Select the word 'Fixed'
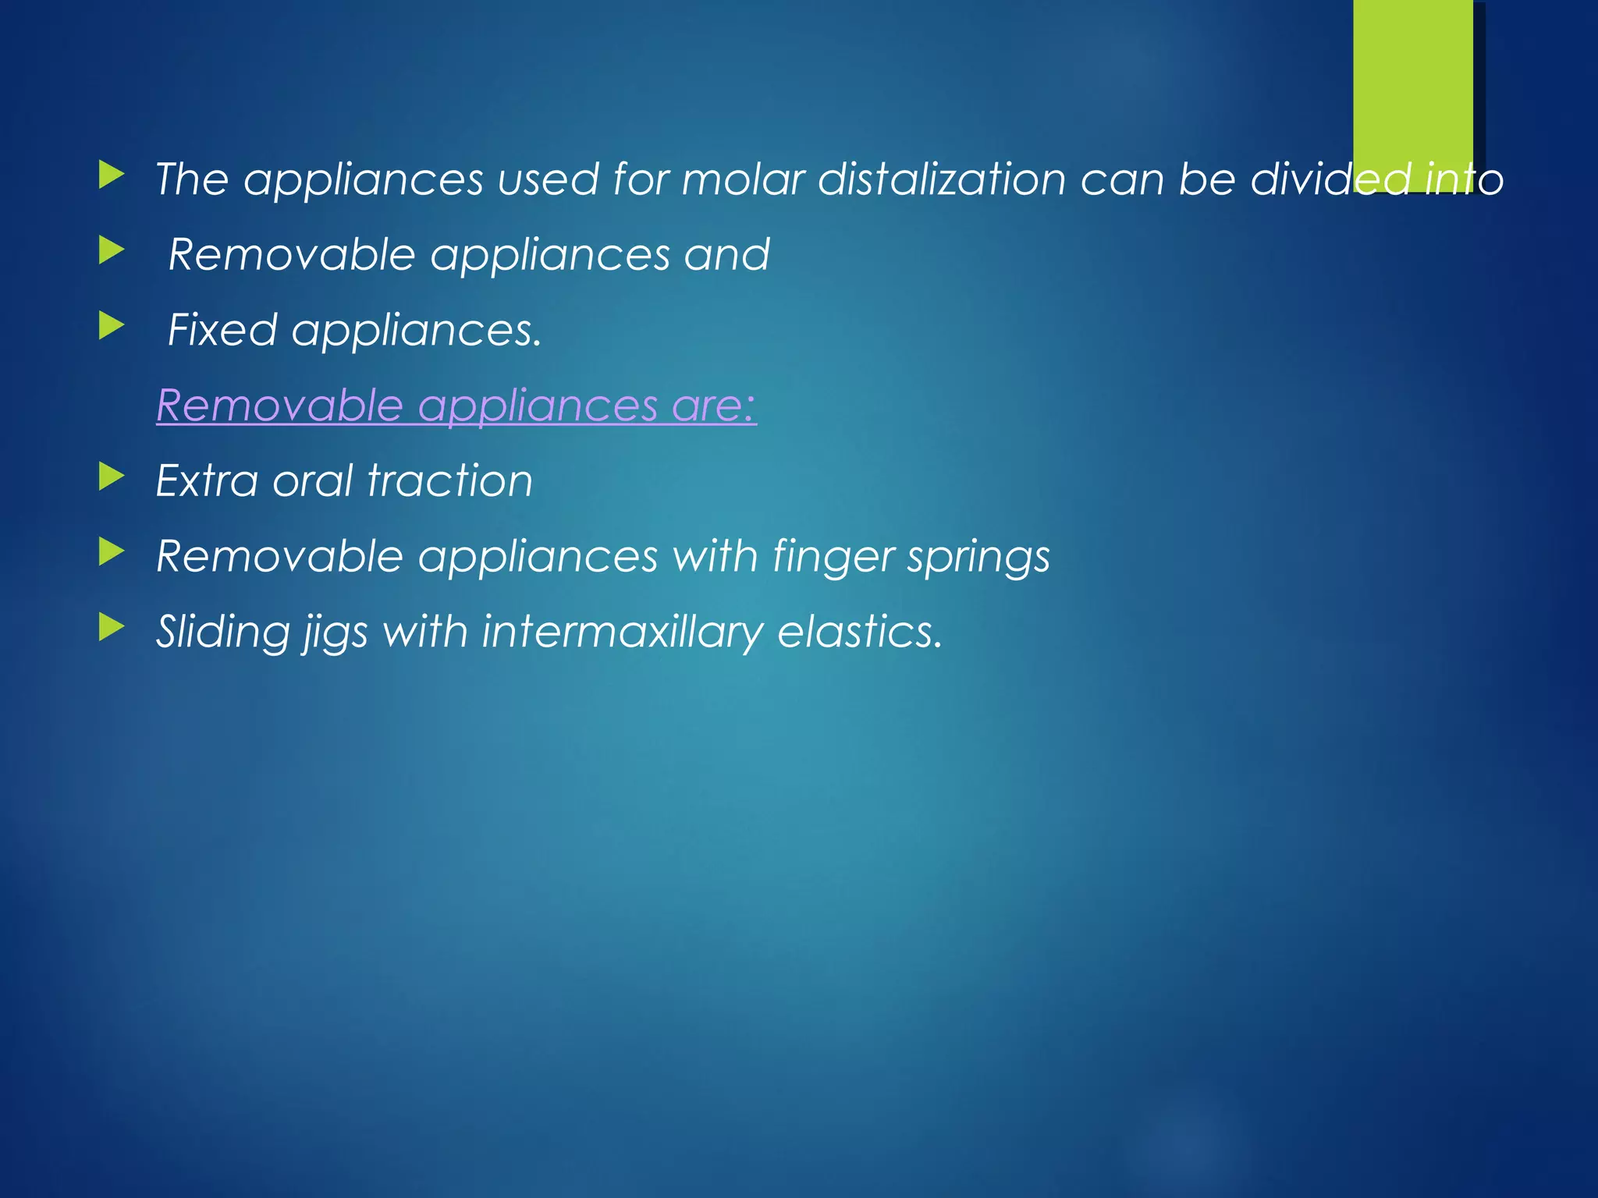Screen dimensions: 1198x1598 click(222, 330)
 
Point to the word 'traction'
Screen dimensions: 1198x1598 click(449, 480)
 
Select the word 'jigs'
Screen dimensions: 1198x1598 click(336, 633)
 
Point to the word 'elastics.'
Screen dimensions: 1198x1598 click(861, 631)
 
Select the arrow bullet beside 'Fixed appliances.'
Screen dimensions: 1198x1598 click(112, 325)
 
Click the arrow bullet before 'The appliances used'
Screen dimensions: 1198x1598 click(112, 175)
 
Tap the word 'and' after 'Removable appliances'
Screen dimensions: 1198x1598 click(726, 255)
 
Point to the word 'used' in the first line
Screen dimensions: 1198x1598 click(546, 179)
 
